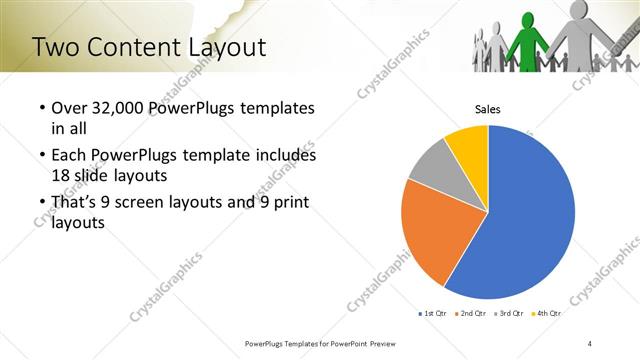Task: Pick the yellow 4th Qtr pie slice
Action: (468, 143)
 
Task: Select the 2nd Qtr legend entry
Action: (469, 313)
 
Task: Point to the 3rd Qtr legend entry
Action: (508, 313)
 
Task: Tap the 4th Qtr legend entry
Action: (546, 313)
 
